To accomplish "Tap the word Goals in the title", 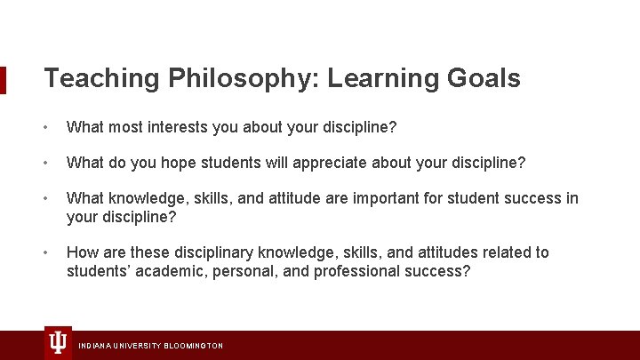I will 485,78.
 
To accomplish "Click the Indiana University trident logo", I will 58,343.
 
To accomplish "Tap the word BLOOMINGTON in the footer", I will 193,346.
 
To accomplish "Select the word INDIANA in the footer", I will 94,346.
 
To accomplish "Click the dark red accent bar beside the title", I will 3,79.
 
